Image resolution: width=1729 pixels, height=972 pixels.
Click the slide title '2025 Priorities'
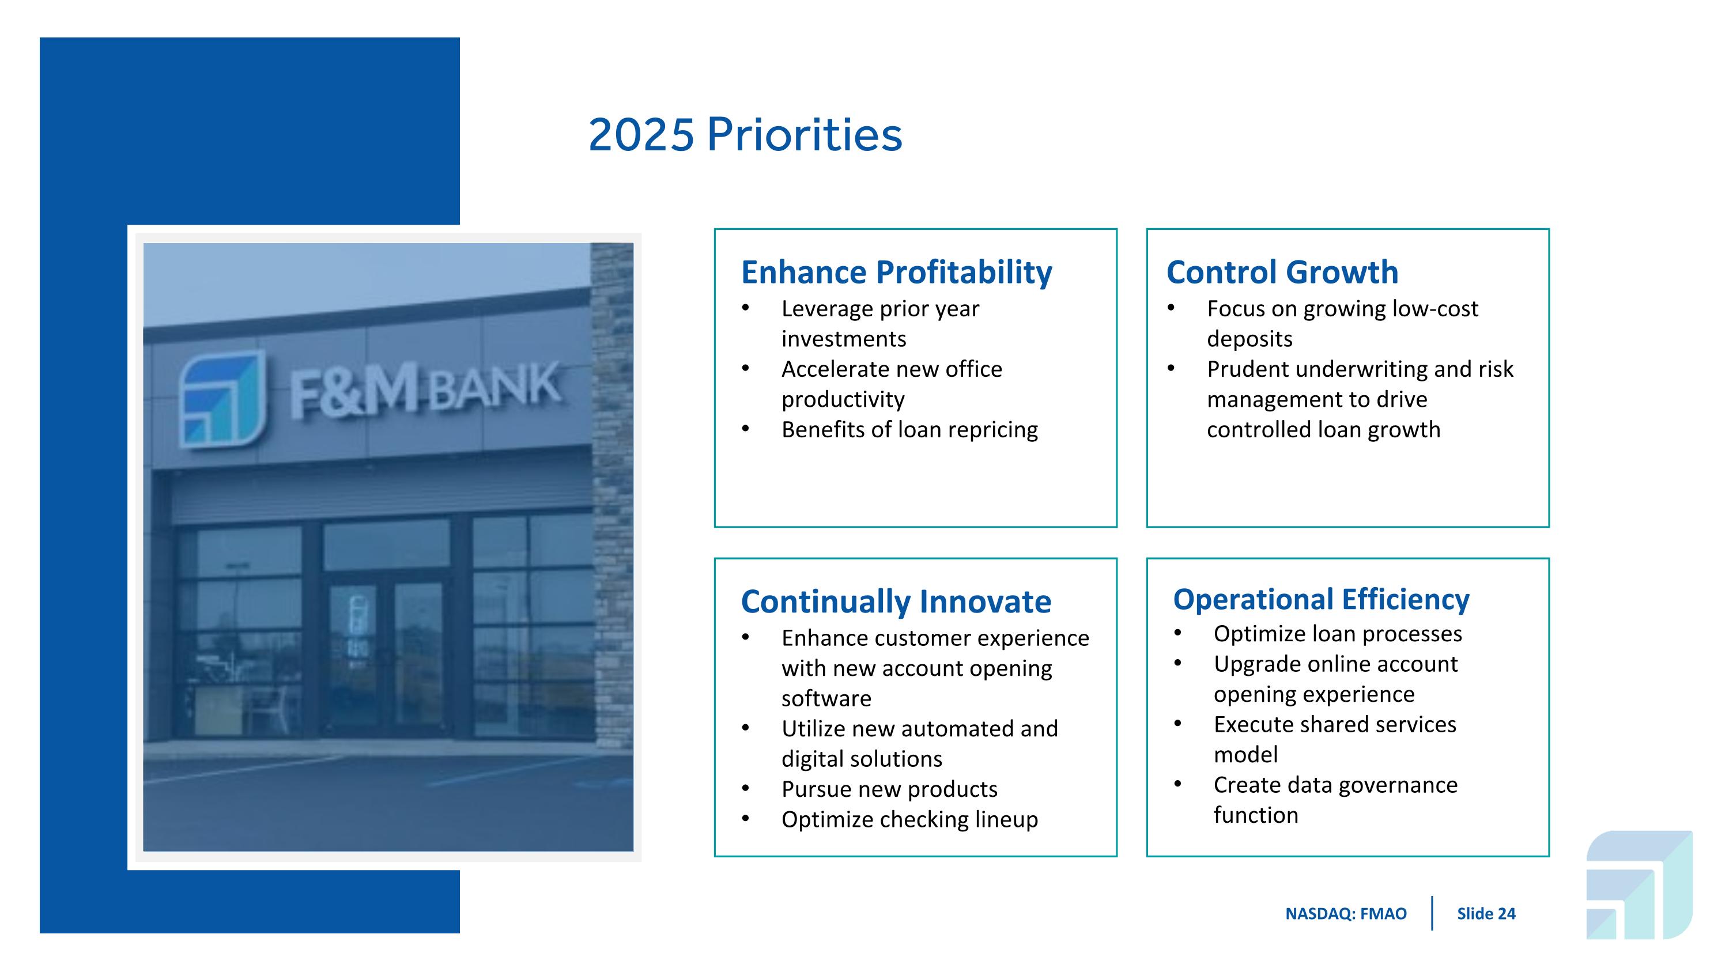(745, 135)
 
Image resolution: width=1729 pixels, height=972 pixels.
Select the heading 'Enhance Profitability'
(896, 273)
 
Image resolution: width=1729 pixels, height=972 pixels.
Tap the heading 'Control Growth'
(1282, 273)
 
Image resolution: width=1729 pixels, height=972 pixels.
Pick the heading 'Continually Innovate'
(896, 602)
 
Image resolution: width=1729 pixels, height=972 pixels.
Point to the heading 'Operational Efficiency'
(1321, 599)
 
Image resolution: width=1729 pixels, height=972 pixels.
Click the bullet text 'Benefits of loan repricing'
(909, 429)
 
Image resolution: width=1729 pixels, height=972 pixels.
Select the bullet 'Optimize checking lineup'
(909, 819)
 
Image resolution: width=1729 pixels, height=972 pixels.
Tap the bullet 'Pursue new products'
(889, 789)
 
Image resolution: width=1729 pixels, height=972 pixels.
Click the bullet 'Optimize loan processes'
(1337, 633)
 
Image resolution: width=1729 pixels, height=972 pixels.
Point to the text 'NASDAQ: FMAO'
(1346, 914)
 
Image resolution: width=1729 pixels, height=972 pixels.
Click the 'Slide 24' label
(1485, 914)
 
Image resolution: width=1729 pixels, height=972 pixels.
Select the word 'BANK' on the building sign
(494, 387)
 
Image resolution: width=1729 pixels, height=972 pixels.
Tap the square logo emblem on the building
(221, 399)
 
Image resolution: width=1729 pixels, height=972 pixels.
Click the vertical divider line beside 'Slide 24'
(1432, 913)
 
